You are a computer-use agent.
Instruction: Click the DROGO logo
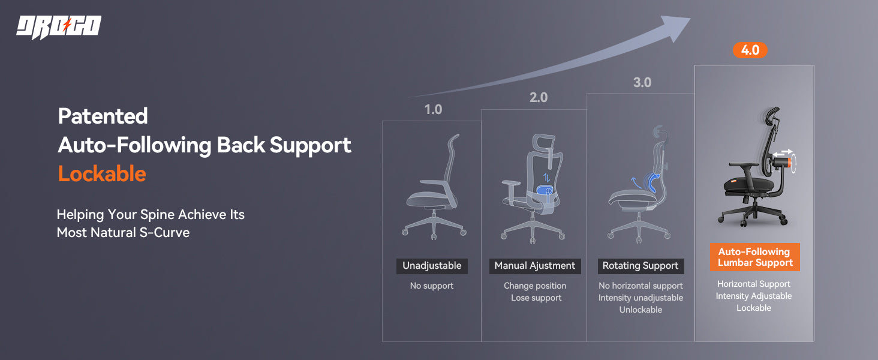pyautogui.click(x=59, y=27)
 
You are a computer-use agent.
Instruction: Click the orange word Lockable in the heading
pyautogui.click(x=102, y=174)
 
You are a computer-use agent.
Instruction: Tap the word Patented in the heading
pyautogui.click(x=103, y=116)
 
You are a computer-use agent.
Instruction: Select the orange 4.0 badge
pyautogui.click(x=750, y=50)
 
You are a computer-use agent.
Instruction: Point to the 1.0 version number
pyautogui.click(x=433, y=109)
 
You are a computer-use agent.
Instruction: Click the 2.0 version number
pyautogui.click(x=539, y=97)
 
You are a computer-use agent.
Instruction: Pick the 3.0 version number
pyautogui.click(x=642, y=82)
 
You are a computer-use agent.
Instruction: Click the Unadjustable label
pyautogui.click(x=432, y=266)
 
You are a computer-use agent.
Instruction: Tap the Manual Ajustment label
pyautogui.click(x=535, y=266)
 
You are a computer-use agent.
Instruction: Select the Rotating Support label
pyautogui.click(x=641, y=266)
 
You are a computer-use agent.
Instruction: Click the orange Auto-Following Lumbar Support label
pyautogui.click(x=755, y=257)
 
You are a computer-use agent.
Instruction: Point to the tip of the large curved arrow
pyautogui.click(x=690, y=18)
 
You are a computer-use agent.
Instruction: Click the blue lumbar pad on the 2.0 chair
pyautogui.click(x=544, y=191)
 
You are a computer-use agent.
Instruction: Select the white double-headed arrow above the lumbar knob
pyautogui.click(x=783, y=152)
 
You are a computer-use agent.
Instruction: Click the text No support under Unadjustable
pyautogui.click(x=432, y=286)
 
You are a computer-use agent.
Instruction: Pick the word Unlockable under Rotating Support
pyautogui.click(x=641, y=310)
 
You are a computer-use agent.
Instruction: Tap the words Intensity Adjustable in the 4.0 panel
pyautogui.click(x=754, y=296)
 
